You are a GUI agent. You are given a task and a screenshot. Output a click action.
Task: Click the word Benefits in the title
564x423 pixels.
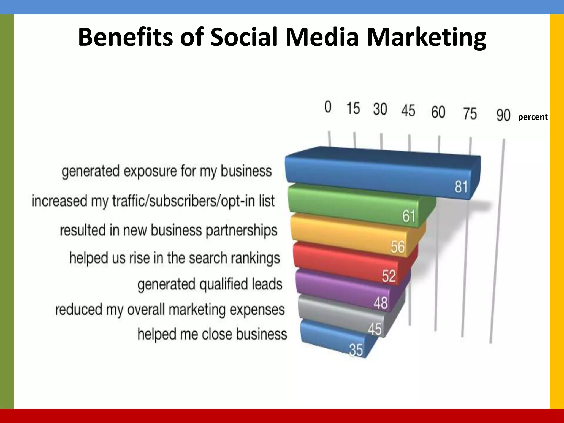(x=126, y=37)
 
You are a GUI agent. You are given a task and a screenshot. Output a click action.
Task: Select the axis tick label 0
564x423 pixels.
(x=328, y=107)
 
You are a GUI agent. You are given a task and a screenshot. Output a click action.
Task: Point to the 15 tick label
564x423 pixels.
(x=353, y=108)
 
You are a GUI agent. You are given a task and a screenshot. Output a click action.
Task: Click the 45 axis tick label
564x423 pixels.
(x=408, y=111)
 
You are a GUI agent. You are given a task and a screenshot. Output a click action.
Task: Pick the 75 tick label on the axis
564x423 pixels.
(x=470, y=113)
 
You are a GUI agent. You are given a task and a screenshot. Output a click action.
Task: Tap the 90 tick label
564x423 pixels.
(x=503, y=115)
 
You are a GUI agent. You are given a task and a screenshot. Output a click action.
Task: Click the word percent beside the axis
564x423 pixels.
(x=533, y=117)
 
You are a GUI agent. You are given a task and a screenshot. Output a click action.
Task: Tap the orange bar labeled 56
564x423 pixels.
(x=352, y=234)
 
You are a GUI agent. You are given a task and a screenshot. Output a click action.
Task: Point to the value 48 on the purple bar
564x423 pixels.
(x=381, y=303)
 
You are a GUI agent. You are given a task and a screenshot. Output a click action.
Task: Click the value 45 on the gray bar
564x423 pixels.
(x=375, y=329)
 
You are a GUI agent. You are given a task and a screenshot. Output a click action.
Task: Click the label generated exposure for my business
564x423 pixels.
(x=167, y=171)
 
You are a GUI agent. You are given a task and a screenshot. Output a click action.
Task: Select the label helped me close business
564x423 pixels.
(x=212, y=334)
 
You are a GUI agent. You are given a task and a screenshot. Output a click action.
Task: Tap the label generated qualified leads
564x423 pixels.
(x=210, y=284)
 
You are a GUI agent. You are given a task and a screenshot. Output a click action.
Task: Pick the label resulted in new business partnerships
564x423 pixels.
(x=169, y=230)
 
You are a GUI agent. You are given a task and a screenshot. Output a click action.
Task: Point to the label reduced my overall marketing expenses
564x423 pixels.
(x=170, y=310)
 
